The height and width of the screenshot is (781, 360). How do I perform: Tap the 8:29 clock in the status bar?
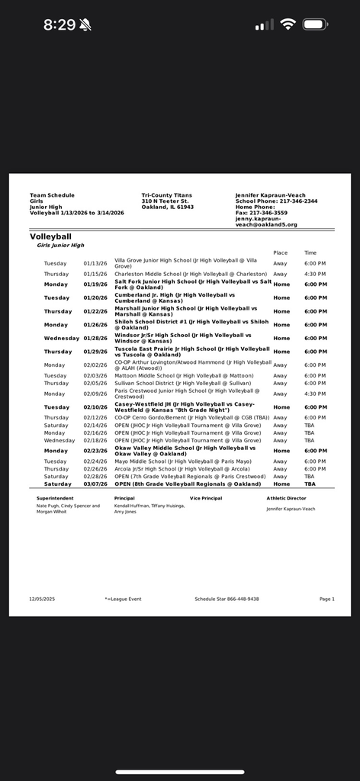pyautogui.click(x=59, y=24)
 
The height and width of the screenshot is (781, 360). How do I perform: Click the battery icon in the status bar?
pyautogui.click(x=314, y=24)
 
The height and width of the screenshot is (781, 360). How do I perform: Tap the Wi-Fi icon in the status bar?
pyautogui.click(x=288, y=24)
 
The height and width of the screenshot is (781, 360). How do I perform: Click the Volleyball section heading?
pyautogui.click(x=50, y=236)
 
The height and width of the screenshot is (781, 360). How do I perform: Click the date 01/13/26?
pyautogui.click(x=97, y=263)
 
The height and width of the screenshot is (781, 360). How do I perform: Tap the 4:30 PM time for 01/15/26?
pyautogui.click(x=315, y=274)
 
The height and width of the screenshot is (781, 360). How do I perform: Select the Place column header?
pyautogui.click(x=281, y=252)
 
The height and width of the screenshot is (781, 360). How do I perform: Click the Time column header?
pyautogui.click(x=310, y=252)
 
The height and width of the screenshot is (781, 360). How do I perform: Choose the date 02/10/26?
pyautogui.click(x=97, y=407)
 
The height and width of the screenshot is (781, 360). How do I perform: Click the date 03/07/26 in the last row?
pyautogui.click(x=97, y=484)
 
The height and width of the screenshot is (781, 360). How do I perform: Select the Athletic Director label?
pyautogui.click(x=286, y=498)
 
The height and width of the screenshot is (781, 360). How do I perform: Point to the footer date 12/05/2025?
pyautogui.click(x=43, y=599)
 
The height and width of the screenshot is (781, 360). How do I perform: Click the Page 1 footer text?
pyautogui.click(x=326, y=599)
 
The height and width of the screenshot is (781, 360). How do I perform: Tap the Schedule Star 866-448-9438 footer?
pyautogui.click(x=227, y=599)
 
